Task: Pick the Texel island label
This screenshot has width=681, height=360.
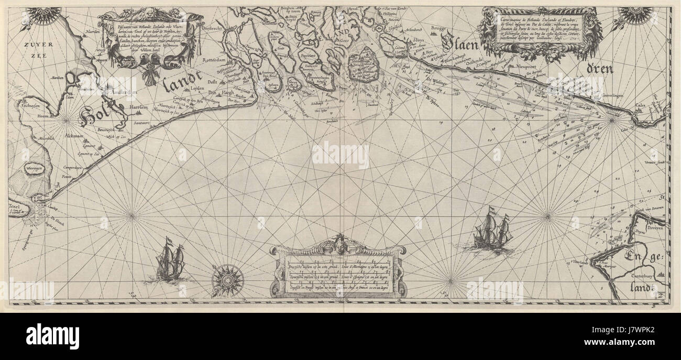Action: [x=17, y=203]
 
